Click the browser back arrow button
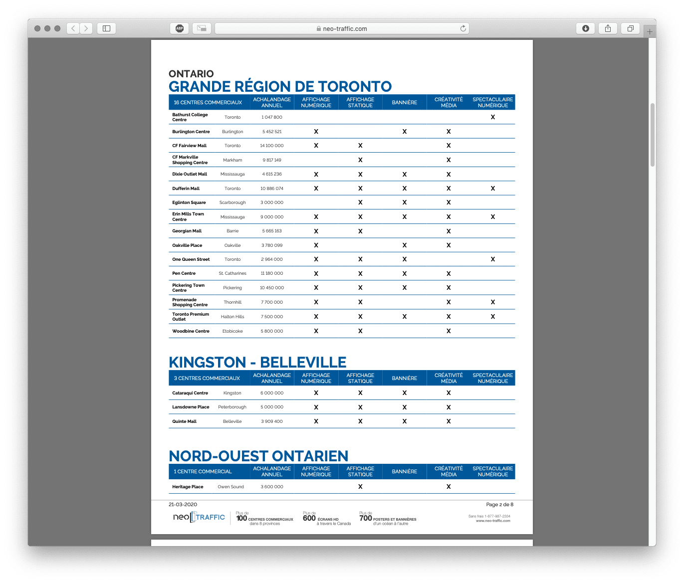click(73, 28)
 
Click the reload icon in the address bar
click(463, 28)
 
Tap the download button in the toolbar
click(586, 28)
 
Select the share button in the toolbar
click(608, 28)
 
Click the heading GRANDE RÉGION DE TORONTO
click(280, 86)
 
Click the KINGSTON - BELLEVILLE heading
click(257, 362)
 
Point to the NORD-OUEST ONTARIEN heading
click(258, 456)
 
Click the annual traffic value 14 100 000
click(271, 146)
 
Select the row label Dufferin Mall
click(186, 189)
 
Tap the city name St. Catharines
click(232, 273)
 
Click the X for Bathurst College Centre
click(492, 117)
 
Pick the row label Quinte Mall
click(184, 421)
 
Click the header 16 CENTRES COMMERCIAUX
click(208, 102)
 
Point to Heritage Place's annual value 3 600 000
click(271, 487)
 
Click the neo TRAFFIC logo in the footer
click(199, 517)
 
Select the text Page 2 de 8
click(499, 504)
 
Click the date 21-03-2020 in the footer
click(183, 504)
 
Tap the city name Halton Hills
click(232, 317)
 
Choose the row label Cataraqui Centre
click(190, 393)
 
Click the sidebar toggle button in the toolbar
click(106, 28)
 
